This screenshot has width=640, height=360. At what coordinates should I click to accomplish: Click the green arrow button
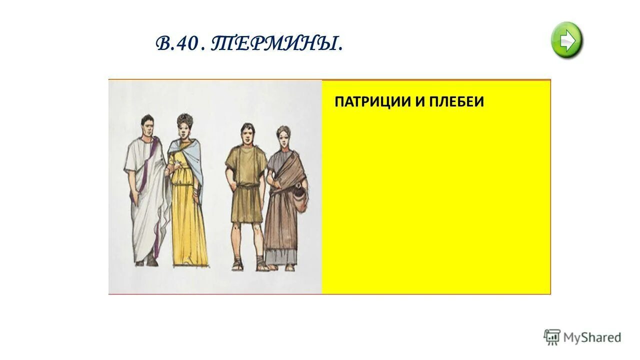[566, 40]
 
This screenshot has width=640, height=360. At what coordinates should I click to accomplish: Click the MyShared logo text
[592, 337]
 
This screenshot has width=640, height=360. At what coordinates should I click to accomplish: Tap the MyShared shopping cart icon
[552, 337]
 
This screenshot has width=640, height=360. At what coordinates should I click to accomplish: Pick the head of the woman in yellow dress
[184, 125]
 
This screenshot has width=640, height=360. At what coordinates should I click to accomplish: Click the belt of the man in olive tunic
[246, 186]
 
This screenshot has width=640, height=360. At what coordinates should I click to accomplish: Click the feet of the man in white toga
[145, 260]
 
